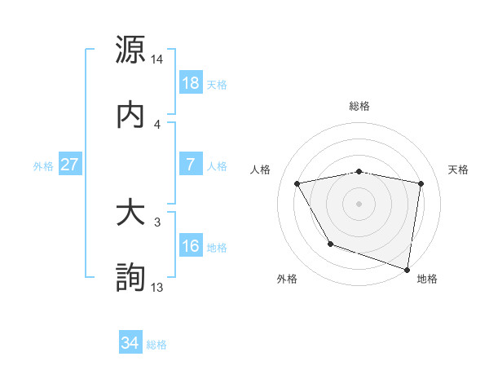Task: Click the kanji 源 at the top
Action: tap(130, 50)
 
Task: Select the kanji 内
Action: tap(130, 114)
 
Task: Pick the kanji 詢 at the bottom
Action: tap(130, 278)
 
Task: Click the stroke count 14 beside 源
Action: tap(157, 59)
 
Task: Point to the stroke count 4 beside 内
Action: tap(157, 124)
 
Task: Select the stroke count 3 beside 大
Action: tap(157, 222)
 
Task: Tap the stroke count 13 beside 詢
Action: tap(157, 287)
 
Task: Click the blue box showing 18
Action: tap(191, 84)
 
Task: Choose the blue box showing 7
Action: tap(191, 164)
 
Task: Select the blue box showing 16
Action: tap(191, 246)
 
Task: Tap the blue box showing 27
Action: tap(70, 165)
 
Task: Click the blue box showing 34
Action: tap(130, 344)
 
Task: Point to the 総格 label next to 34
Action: tap(157, 345)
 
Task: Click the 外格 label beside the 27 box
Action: tap(43, 165)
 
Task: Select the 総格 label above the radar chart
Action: tap(359, 106)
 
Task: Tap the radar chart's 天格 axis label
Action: tap(459, 169)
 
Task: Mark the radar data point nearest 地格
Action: tap(407, 269)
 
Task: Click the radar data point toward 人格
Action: tap(297, 184)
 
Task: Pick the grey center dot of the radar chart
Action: tap(359, 203)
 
